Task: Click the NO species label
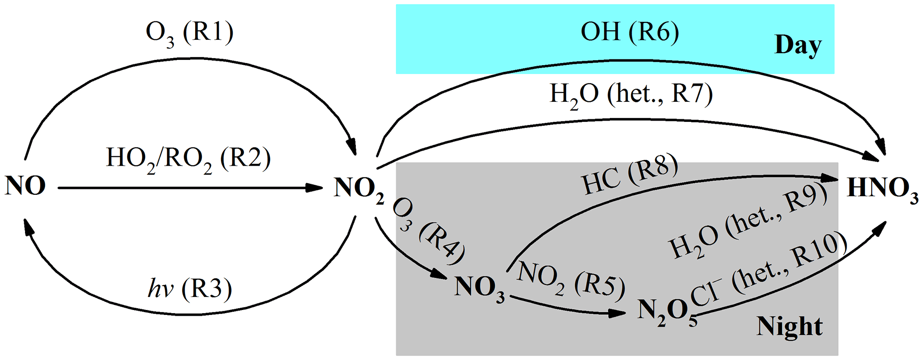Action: (25, 186)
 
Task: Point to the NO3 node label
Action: (479, 288)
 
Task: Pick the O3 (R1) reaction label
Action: (189, 34)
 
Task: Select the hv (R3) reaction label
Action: (190, 289)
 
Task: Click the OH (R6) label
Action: (630, 32)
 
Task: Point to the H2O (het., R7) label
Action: (631, 95)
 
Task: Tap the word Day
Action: (798, 45)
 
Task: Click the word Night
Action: (789, 327)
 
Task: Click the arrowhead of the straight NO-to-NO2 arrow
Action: (314, 188)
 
